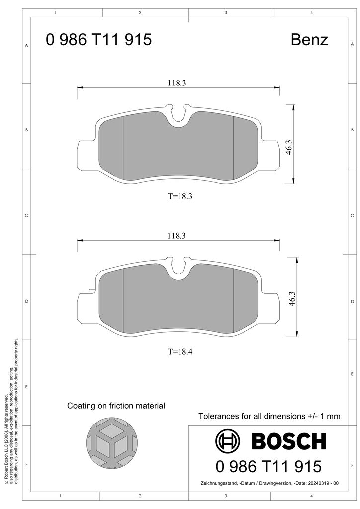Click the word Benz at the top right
(309, 40)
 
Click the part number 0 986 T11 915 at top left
(98, 40)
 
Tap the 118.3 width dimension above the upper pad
(177, 83)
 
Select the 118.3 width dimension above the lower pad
(177, 236)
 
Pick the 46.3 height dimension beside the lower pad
(292, 299)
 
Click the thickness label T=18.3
(180, 196)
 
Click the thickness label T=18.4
(180, 351)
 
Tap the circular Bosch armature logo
(228, 441)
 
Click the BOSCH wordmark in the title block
(288, 441)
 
